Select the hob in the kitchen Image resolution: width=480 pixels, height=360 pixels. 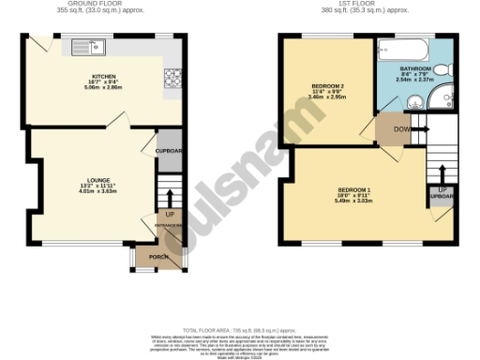pos(172,82)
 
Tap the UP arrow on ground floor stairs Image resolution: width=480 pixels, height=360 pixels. pos(170,200)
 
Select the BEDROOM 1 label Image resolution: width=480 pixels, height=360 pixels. pos(354,191)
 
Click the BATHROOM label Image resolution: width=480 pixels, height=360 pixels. pos(414,68)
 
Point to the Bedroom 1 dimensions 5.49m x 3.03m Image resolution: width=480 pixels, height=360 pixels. pos(354,203)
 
